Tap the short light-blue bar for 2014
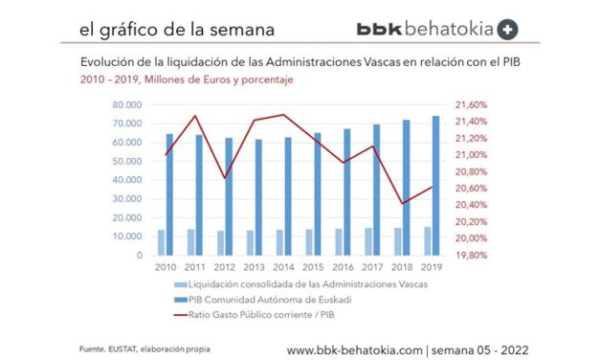(x=279, y=242)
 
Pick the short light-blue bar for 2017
(x=368, y=241)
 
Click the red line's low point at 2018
(x=404, y=203)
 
